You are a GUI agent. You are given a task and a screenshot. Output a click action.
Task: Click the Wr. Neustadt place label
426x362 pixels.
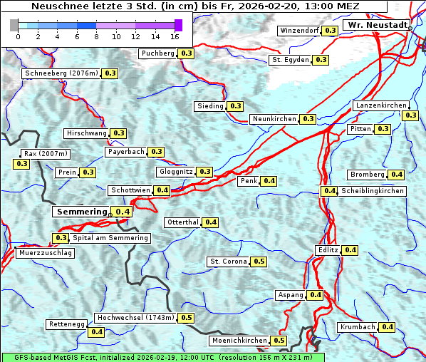377,25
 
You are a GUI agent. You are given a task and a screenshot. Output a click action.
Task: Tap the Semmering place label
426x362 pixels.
81,212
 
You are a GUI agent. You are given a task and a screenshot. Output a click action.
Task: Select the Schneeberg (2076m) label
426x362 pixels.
61,73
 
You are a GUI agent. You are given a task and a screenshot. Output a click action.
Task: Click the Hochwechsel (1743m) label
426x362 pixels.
135,318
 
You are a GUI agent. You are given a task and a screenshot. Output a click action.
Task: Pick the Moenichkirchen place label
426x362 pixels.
238,341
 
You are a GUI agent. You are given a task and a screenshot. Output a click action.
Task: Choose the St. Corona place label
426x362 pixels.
228,262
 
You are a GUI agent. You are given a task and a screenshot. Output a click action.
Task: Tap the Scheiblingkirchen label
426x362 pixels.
372,191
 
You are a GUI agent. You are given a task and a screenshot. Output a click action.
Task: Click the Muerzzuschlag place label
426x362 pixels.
45,253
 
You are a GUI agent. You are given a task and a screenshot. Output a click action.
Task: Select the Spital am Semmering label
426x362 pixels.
110,238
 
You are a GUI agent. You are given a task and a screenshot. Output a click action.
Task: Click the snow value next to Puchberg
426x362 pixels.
186,53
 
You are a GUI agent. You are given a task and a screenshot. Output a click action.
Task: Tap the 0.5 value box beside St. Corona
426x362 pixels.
259,262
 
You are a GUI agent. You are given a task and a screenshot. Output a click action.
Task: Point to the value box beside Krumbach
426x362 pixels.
387,327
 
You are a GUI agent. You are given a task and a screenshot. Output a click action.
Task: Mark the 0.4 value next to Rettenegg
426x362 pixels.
96,331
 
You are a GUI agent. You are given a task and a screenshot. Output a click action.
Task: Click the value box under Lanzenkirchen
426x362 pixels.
410,115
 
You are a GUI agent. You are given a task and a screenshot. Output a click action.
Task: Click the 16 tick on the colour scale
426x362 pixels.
175,36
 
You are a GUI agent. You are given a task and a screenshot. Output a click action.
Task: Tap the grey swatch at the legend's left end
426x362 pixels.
14,25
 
